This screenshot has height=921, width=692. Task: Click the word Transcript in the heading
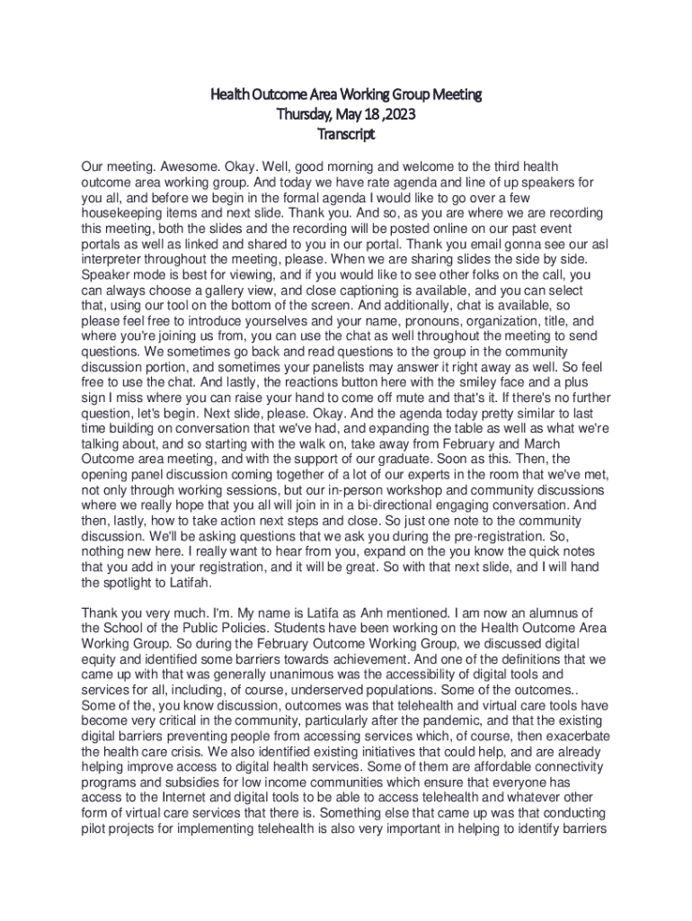(346, 135)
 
